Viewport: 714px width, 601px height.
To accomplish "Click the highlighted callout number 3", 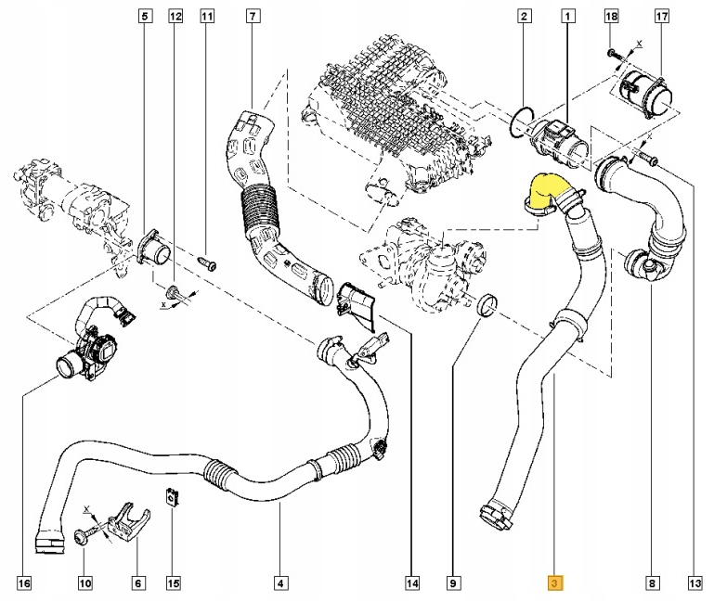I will coord(553,583).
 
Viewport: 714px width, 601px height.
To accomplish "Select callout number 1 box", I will coord(567,17).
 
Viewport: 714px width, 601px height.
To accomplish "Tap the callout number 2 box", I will coord(525,17).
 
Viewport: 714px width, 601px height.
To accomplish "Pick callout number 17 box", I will coord(662,17).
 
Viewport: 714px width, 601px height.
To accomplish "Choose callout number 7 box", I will coord(253,17).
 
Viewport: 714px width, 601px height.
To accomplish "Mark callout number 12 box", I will coord(176,17).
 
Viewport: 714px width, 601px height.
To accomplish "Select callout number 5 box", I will coord(145,17).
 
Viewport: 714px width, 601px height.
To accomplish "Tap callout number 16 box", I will coord(23,583).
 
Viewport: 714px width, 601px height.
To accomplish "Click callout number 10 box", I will coord(84,583).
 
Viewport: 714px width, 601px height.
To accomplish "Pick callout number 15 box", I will coord(173,583).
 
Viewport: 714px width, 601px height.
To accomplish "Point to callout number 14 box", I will coord(411,583).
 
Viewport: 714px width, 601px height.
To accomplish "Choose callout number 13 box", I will coord(694,583).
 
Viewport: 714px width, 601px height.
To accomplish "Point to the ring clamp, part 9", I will coord(485,304).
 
